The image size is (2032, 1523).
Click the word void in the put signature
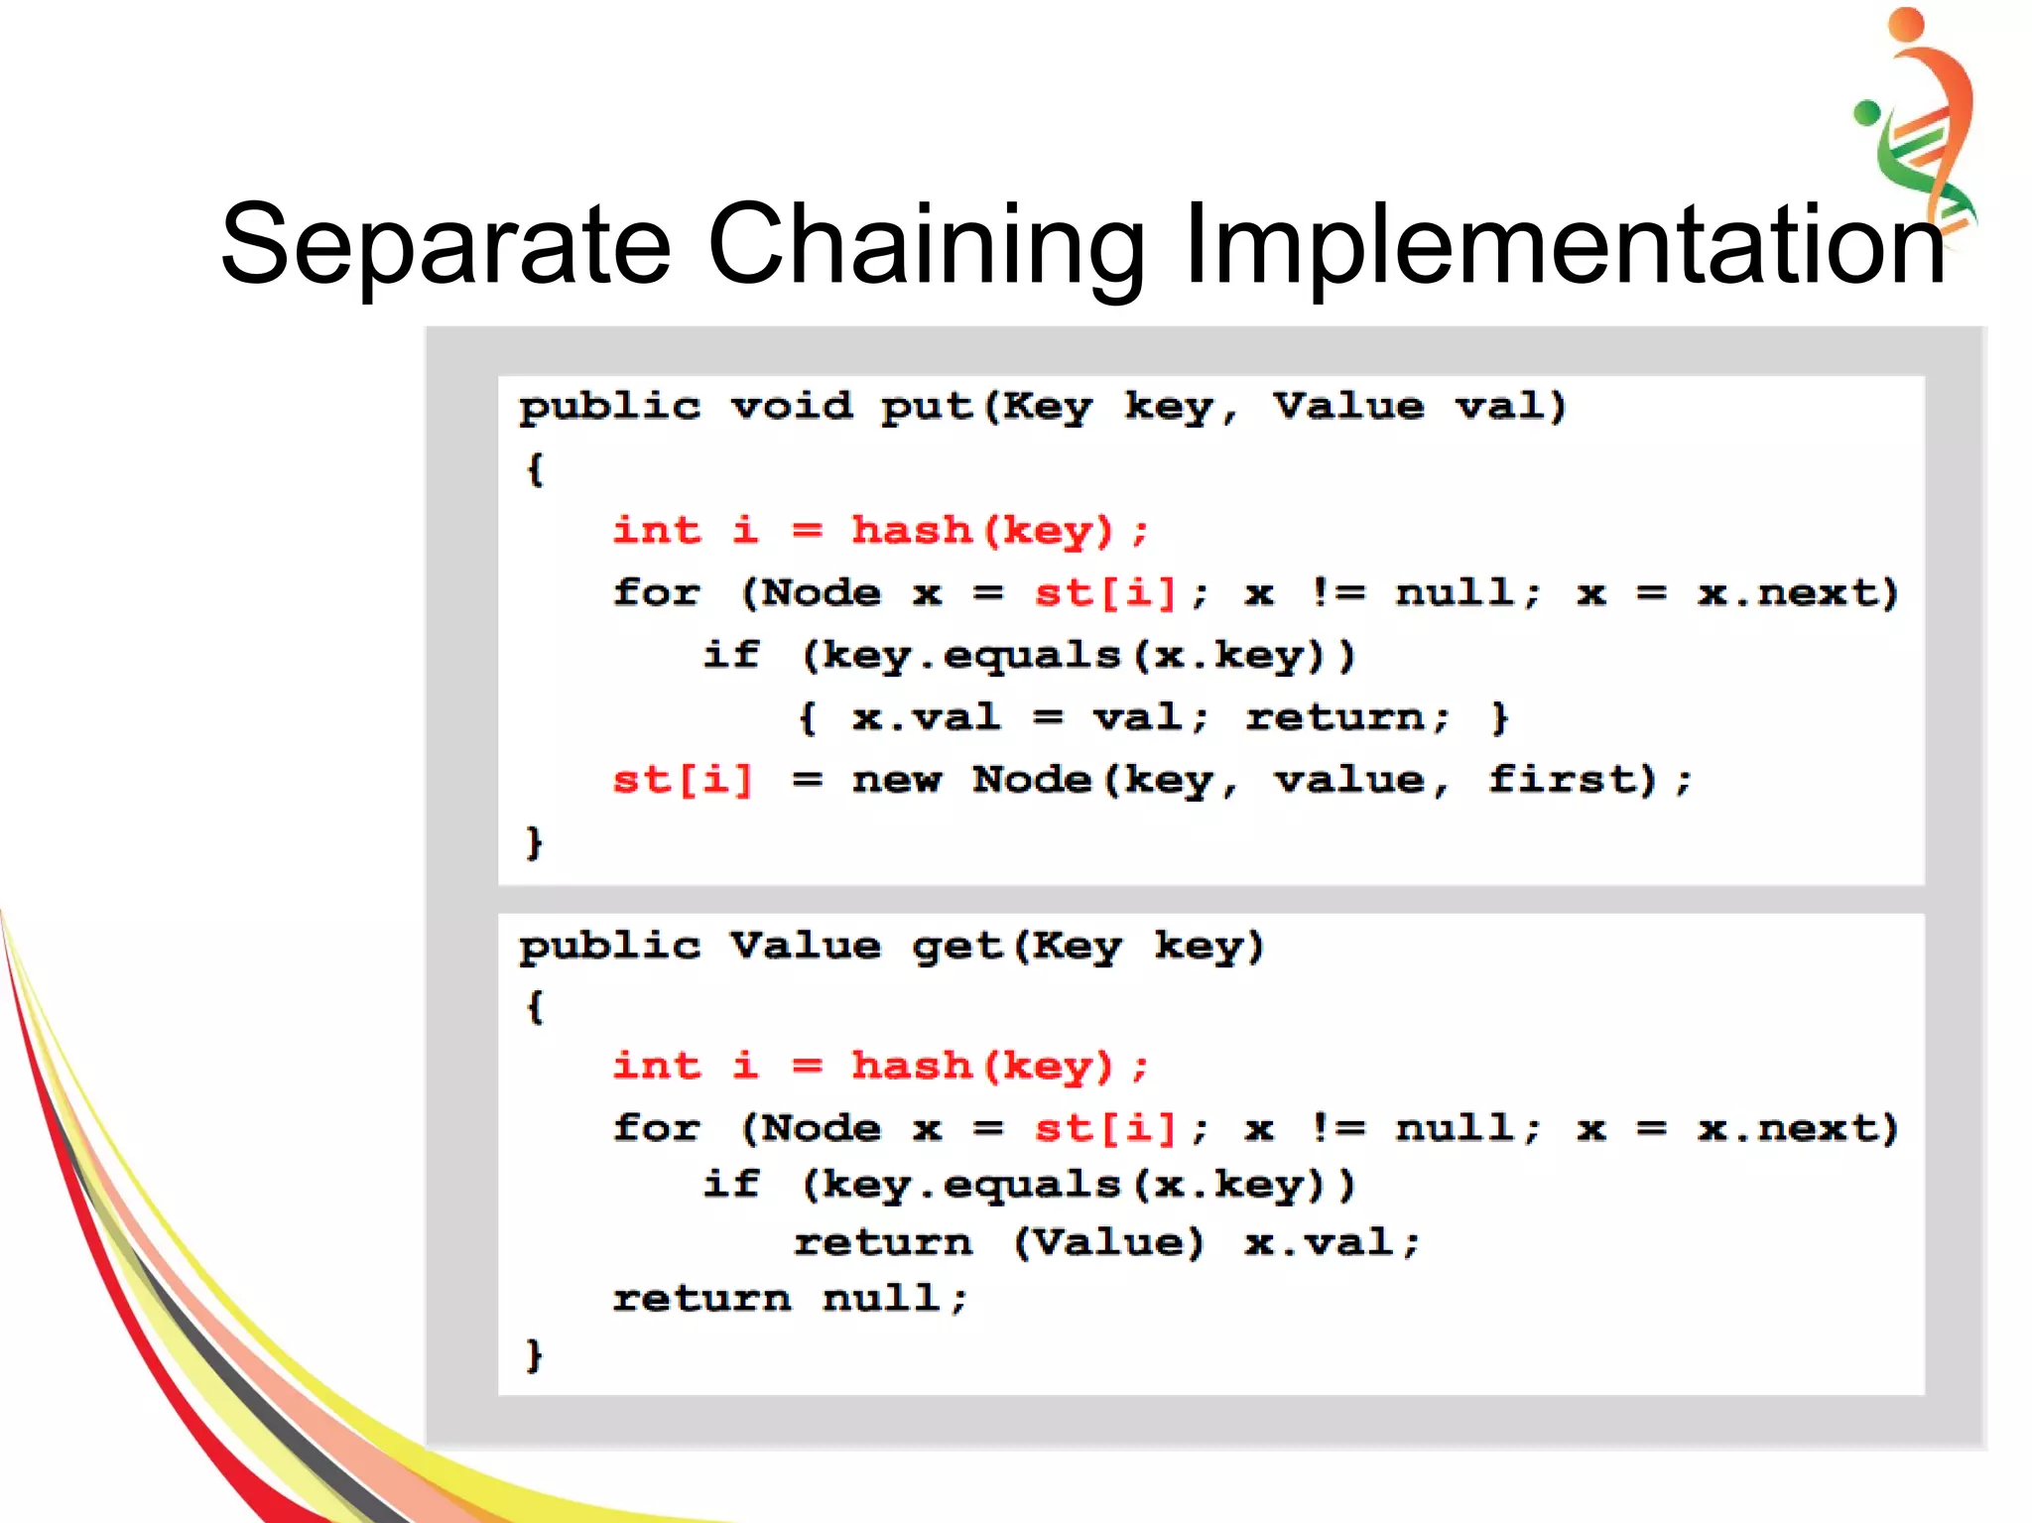791,406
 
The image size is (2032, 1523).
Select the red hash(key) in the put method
983,531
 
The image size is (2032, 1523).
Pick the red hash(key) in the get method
983,1067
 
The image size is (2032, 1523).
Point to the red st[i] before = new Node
683,780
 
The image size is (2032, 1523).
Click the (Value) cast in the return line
1108,1242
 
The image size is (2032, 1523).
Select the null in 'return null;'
882,1298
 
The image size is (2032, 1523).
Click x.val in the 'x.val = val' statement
926,717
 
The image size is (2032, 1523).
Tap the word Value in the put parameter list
1348,406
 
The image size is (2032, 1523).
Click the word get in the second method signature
957,947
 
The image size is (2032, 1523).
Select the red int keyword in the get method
657,1067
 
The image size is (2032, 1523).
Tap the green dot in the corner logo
1866,112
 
